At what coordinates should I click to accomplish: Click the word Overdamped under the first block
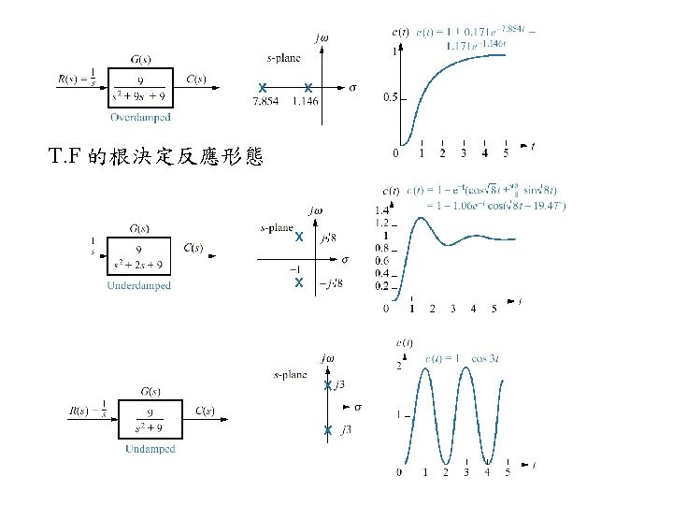point(139,117)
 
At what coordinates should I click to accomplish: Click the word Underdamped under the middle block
point(139,285)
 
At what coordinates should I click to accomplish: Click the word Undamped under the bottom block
point(150,449)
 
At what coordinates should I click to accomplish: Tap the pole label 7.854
point(265,100)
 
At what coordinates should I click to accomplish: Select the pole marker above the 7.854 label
point(264,88)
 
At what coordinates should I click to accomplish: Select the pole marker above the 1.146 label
point(308,88)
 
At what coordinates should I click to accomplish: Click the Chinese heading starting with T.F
point(156,156)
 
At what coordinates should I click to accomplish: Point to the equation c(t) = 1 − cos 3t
point(465,356)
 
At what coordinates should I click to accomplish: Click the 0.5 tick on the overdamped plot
point(390,97)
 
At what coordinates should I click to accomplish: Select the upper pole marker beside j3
point(328,385)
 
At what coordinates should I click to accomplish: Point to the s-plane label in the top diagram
point(283,58)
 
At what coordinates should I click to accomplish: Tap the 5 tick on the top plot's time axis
point(506,153)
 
